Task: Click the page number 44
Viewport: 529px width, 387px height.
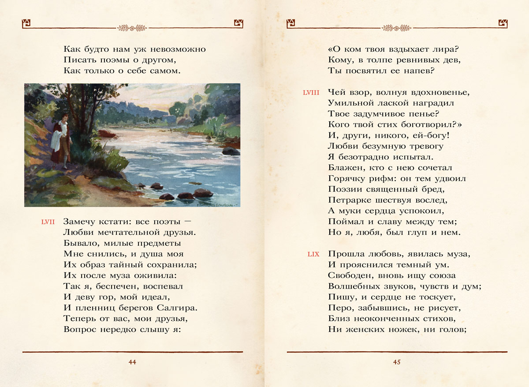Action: click(x=132, y=362)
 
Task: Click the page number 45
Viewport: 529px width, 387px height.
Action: click(x=396, y=362)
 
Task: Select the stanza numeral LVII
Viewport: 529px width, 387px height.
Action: click(x=48, y=222)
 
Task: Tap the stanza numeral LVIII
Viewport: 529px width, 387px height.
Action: click(x=311, y=93)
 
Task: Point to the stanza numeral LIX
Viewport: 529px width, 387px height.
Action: click(x=313, y=254)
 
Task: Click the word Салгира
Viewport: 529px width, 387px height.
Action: click(x=175, y=308)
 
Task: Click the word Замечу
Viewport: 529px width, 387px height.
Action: click(x=81, y=222)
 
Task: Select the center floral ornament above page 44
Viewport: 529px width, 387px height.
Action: click(x=132, y=28)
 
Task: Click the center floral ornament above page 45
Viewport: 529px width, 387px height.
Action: click(x=397, y=28)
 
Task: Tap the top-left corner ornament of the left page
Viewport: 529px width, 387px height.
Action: click(x=26, y=23)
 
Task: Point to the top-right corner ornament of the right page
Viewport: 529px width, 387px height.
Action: click(x=503, y=23)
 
